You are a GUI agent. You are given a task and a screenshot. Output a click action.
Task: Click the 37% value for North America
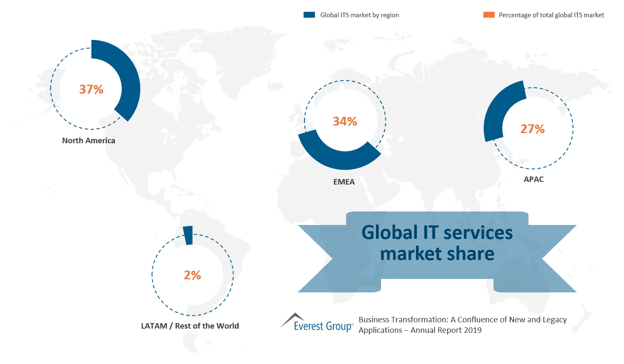pos(91,89)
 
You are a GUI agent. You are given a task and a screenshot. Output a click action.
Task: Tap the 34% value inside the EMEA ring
pos(345,121)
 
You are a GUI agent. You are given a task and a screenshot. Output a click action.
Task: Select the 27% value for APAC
pos(532,129)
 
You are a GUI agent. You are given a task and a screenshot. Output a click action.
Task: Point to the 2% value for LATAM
pos(192,275)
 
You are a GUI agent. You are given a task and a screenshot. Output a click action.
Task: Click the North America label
pos(88,141)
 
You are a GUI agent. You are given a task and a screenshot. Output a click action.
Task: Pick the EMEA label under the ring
pos(344,182)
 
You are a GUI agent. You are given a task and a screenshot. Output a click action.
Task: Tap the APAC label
pos(533,179)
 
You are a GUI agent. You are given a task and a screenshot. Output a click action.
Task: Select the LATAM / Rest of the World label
pos(190,326)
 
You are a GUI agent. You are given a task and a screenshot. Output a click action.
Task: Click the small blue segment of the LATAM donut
pos(188,236)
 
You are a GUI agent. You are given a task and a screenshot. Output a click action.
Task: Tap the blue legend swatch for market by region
pos(309,15)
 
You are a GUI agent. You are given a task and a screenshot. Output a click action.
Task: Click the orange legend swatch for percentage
pos(489,15)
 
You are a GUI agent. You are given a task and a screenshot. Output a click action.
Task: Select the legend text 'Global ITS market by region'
pos(359,15)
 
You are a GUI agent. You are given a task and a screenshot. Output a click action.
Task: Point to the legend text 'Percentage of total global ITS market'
pos(551,15)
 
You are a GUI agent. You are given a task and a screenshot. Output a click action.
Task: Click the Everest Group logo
pos(317,324)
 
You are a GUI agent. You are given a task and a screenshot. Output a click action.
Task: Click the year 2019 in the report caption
pos(472,330)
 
